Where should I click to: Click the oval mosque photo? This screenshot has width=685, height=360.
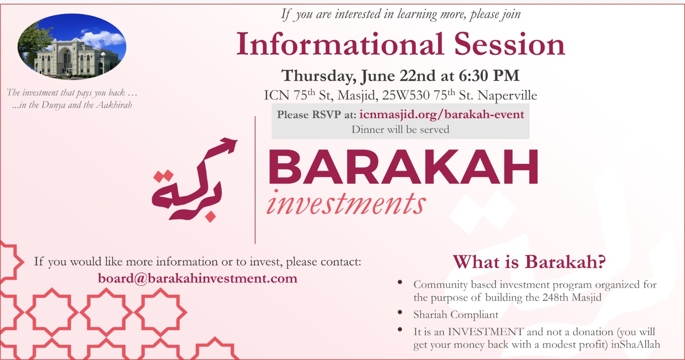[x=72, y=47]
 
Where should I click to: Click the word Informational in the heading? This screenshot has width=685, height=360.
[x=340, y=45]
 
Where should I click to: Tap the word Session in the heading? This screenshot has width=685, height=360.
[x=509, y=45]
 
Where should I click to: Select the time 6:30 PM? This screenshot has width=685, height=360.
[x=489, y=75]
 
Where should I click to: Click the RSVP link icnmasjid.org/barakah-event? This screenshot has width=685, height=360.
[x=441, y=115]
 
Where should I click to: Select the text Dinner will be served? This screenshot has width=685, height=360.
[x=400, y=129]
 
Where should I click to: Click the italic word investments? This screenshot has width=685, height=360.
[x=346, y=203]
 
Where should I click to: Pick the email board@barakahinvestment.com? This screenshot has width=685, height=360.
[x=197, y=278]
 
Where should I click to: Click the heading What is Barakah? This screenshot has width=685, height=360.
[x=529, y=262]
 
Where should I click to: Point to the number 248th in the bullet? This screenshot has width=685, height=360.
[x=555, y=298]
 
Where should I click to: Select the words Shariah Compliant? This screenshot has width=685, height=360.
[x=456, y=315]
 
